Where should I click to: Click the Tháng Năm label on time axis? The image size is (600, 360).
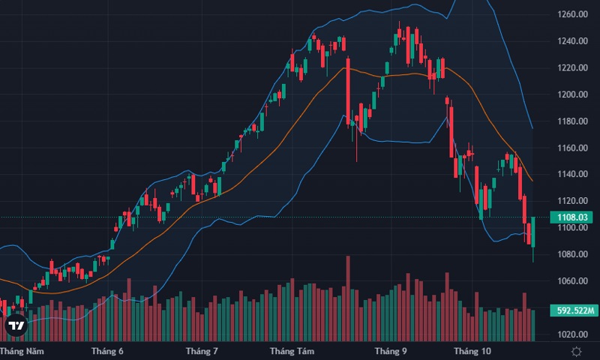click(x=20, y=351)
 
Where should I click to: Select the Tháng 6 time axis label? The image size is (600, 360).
click(x=107, y=351)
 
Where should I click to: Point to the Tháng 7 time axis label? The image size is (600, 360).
click(x=202, y=351)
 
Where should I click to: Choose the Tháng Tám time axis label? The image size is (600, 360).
click(x=292, y=351)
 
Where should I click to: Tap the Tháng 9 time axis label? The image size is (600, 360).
click(x=391, y=351)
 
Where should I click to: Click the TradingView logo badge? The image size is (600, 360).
click(x=16, y=326)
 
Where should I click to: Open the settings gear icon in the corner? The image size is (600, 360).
click(x=576, y=351)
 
